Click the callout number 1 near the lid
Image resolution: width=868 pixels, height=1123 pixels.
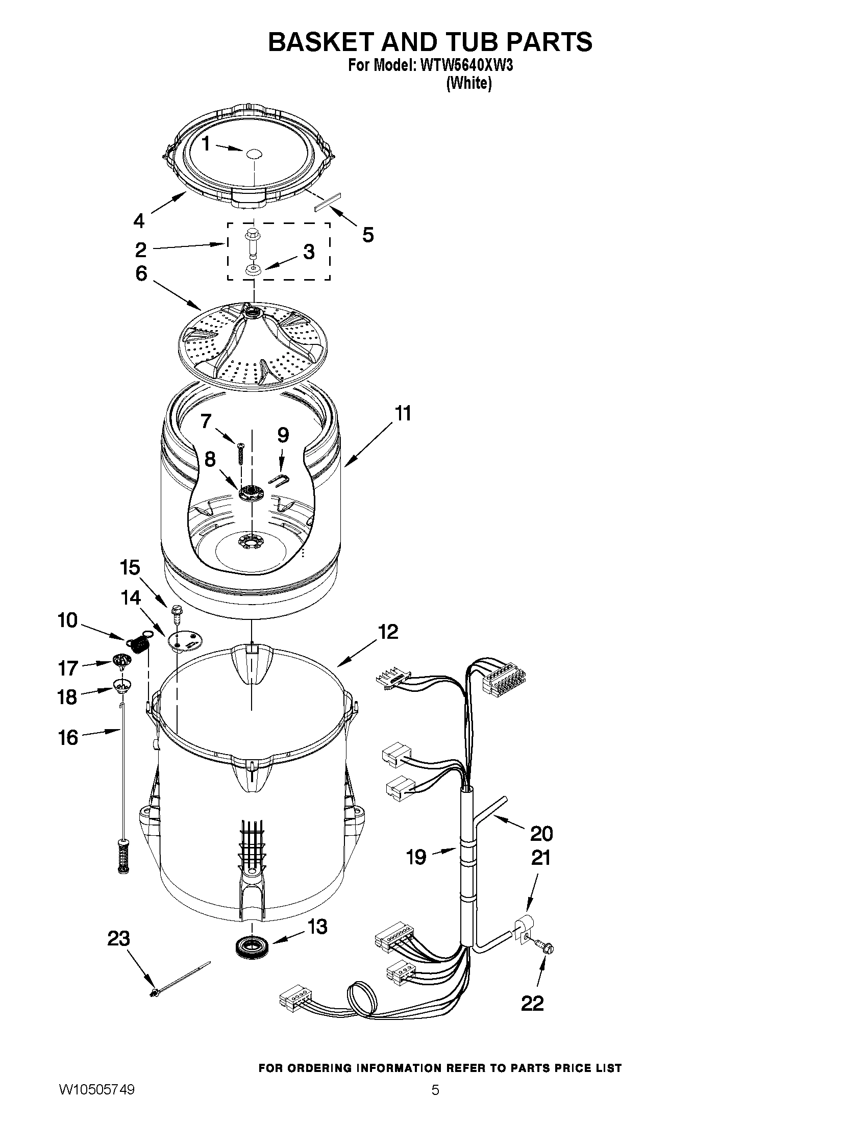(x=205, y=144)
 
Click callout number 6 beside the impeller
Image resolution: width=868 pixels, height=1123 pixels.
(x=141, y=273)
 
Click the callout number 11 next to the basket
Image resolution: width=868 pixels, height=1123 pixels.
(x=403, y=413)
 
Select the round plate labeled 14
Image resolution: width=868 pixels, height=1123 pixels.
(x=185, y=641)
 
